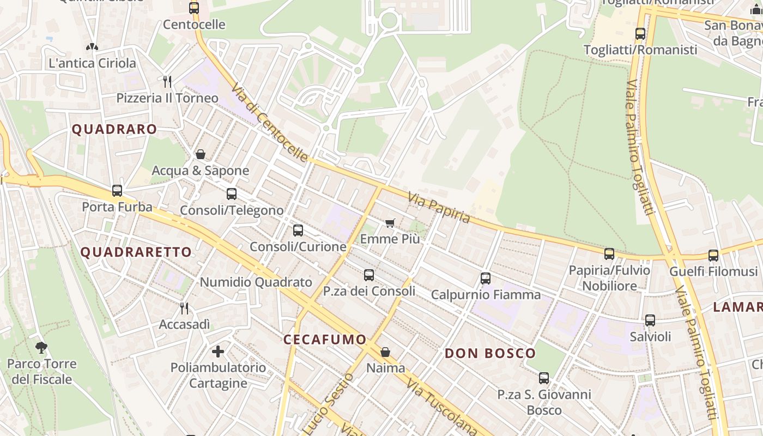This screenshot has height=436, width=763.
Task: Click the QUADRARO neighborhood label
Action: tap(114, 129)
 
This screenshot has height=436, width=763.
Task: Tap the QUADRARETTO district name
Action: tap(136, 252)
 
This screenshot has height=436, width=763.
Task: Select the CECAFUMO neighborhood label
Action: tap(325, 340)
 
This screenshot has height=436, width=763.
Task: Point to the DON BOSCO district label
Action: tap(490, 353)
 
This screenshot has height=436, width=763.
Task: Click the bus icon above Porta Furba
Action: tap(117, 191)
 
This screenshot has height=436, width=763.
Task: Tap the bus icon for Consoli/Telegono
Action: tap(232, 194)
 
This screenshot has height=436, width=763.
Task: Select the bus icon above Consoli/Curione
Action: tap(298, 231)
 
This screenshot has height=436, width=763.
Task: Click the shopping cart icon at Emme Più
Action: tap(390, 223)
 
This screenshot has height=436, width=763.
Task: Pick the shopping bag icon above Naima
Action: tap(385, 352)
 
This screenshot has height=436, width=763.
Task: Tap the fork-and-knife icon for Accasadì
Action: tap(184, 308)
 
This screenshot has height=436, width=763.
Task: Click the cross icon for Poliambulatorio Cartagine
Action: tap(218, 351)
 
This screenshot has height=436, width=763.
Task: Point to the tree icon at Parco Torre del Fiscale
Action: tap(41, 347)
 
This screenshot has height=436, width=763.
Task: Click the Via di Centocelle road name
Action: tap(269, 123)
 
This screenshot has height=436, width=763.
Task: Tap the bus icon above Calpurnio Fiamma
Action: tap(486, 278)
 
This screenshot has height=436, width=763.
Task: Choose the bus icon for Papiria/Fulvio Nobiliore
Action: tap(609, 254)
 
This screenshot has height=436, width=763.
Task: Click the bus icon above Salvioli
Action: tap(650, 320)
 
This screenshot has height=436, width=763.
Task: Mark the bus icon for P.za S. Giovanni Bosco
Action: tap(544, 378)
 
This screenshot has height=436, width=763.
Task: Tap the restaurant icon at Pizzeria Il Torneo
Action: tap(168, 82)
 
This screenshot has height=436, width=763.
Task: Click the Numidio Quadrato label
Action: tap(256, 282)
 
